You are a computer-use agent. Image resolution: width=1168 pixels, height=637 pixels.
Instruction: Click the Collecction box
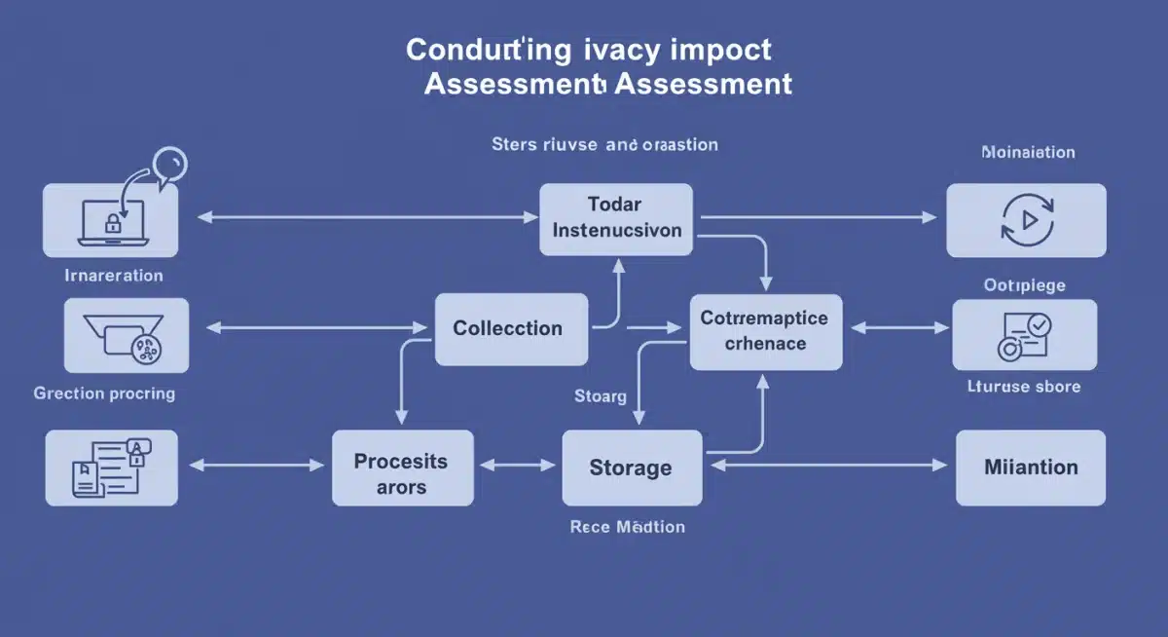[x=511, y=329]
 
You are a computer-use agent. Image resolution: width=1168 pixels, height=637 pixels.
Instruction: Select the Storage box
[x=632, y=468]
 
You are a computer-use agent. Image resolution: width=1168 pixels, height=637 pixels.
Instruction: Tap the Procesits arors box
[x=401, y=472]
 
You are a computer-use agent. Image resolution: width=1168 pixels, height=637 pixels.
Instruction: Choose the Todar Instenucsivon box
[x=616, y=219]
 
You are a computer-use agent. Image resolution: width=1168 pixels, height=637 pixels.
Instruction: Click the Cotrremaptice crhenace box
[x=765, y=331]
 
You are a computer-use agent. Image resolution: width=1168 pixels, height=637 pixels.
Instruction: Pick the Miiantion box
[x=1031, y=468]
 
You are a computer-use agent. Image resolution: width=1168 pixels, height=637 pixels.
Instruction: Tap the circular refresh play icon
[x=1026, y=219]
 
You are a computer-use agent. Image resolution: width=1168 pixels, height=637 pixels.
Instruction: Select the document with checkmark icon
[x=1023, y=335]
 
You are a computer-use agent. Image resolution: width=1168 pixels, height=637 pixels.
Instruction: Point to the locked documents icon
[x=110, y=468]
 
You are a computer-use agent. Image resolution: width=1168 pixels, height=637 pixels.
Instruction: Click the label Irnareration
[x=114, y=276]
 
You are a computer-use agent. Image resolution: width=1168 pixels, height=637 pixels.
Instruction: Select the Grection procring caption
[x=104, y=393]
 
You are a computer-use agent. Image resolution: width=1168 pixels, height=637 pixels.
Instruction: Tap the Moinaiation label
[x=1028, y=153]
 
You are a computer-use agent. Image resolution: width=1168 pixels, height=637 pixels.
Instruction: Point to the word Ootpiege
[x=1024, y=285]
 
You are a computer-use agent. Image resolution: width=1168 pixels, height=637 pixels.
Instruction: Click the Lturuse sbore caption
[x=1023, y=387]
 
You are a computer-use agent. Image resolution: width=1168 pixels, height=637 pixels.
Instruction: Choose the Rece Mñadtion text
[x=627, y=527]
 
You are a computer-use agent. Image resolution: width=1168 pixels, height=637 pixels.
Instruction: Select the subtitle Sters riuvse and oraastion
[x=604, y=145]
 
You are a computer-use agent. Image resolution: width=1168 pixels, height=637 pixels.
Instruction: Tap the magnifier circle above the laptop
[x=169, y=162]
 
